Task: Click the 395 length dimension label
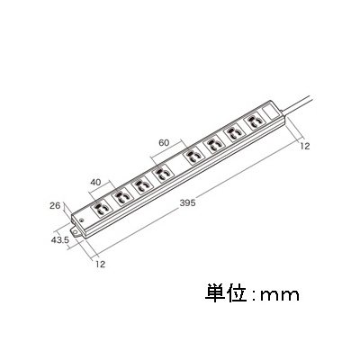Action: click(x=187, y=202)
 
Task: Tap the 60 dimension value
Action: click(x=164, y=143)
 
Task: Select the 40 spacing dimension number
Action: click(x=95, y=182)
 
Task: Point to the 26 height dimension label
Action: click(x=55, y=206)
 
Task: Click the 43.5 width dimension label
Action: click(x=60, y=240)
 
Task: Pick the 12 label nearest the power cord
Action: click(x=304, y=146)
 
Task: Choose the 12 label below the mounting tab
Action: click(x=101, y=265)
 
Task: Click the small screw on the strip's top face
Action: click(x=81, y=220)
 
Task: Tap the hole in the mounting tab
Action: click(x=75, y=231)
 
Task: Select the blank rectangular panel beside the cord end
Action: click(x=270, y=112)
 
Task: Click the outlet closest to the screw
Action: click(x=101, y=208)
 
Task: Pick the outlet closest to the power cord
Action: click(x=254, y=121)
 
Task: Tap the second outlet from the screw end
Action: click(x=121, y=196)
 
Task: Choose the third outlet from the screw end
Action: click(x=140, y=185)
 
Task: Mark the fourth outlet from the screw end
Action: click(x=163, y=173)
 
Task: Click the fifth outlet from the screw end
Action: click(x=193, y=156)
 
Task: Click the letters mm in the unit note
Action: click(x=280, y=295)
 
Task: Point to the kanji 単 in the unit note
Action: click(x=215, y=292)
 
